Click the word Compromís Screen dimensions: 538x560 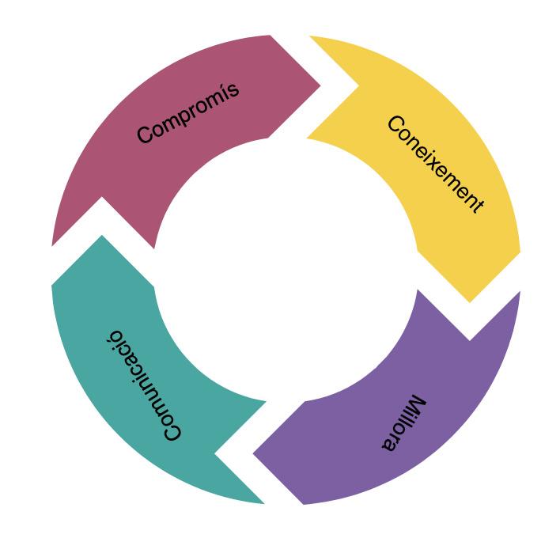click(x=187, y=113)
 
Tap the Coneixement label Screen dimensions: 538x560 click(x=434, y=164)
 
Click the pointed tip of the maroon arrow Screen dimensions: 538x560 click(x=320, y=85)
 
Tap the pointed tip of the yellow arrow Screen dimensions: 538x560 click(x=470, y=301)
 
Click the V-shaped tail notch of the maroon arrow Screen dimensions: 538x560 click(x=103, y=198)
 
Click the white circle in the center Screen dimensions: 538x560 click(x=286, y=269)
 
